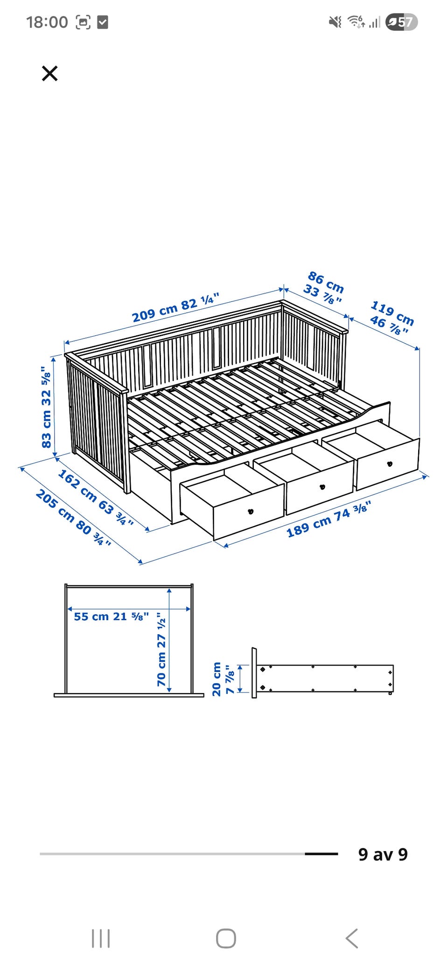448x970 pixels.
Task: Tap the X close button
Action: point(49,73)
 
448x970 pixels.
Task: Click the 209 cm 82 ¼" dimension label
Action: point(175,308)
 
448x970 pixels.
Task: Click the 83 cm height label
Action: point(46,407)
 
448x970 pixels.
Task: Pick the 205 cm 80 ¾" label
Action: point(74,518)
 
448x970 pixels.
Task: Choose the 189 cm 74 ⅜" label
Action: point(329,519)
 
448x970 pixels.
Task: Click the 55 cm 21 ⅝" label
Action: point(112,616)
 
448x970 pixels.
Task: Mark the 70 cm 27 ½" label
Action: point(161,649)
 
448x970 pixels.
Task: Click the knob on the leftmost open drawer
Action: point(251,511)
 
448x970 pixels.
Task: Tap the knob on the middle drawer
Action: point(322,487)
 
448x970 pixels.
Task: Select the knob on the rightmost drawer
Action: point(390,464)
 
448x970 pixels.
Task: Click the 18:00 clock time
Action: point(47,22)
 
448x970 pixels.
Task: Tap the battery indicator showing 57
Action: point(401,22)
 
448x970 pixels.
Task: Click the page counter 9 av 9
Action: point(383,854)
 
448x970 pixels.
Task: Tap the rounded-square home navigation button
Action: point(226,938)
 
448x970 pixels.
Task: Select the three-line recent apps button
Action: point(101,938)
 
